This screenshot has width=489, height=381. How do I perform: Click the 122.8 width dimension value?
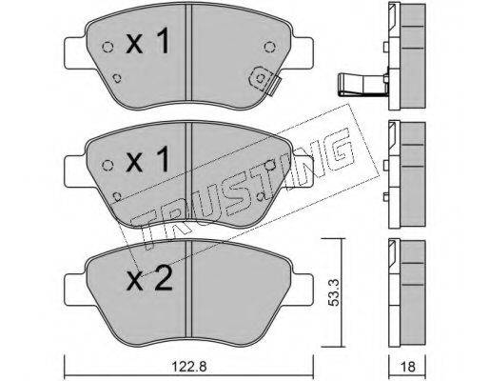click(189, 367)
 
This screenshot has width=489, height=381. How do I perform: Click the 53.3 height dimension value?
click(334, 292)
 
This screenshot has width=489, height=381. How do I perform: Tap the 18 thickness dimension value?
click(408, 367)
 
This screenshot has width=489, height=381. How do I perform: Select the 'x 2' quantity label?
click(149, 278)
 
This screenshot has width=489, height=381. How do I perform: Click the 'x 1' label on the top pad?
click(147, 40)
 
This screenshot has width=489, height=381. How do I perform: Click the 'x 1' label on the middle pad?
click(147, 160)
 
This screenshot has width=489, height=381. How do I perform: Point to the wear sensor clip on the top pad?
click(264, 81)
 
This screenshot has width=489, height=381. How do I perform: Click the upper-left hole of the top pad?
click(108, 48)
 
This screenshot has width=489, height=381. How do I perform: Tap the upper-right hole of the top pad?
click(269, 47)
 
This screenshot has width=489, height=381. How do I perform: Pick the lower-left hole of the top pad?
click(117, 78)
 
